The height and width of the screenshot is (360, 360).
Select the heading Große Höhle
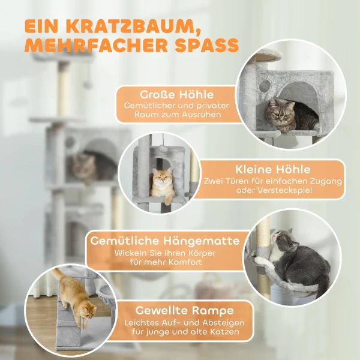tap(176, 95)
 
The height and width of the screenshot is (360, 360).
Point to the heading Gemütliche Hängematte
tap(165, 241)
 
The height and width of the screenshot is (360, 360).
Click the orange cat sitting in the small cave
tap(160, 184)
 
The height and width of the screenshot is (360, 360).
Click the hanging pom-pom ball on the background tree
tap(88, 83)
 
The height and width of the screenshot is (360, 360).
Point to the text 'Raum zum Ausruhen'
tap(176, 115)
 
